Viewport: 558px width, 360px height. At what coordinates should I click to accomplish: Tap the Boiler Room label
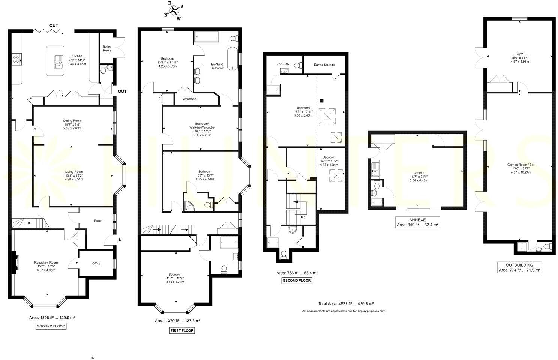[107, 48]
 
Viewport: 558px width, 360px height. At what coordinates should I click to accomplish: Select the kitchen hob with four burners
[17, 59]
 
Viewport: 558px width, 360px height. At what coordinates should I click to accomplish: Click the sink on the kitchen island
[59, 62]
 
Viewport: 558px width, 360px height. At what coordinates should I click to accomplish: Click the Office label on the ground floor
[96, 263]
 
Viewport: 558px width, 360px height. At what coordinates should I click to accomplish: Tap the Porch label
[98, 220]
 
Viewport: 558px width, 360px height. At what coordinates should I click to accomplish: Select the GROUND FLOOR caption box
[51, 326]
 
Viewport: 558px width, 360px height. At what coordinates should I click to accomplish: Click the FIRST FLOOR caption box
[182, 330]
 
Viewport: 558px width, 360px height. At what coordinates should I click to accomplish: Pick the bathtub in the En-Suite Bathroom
[233, 58]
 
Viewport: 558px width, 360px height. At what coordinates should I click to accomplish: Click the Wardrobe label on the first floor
[189, 99]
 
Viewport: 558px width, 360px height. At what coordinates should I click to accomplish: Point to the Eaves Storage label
[324, 64]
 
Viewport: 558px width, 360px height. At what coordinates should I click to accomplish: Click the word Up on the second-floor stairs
[303, 217]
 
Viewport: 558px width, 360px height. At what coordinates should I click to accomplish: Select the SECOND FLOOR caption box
[297, 280]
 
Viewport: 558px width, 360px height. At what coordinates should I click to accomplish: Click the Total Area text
[346, 304]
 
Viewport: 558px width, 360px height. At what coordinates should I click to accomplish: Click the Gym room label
[520, 54]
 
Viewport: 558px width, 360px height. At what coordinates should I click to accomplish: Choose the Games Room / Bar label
[521, 165]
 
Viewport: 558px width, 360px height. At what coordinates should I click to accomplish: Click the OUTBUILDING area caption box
[519, 267]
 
